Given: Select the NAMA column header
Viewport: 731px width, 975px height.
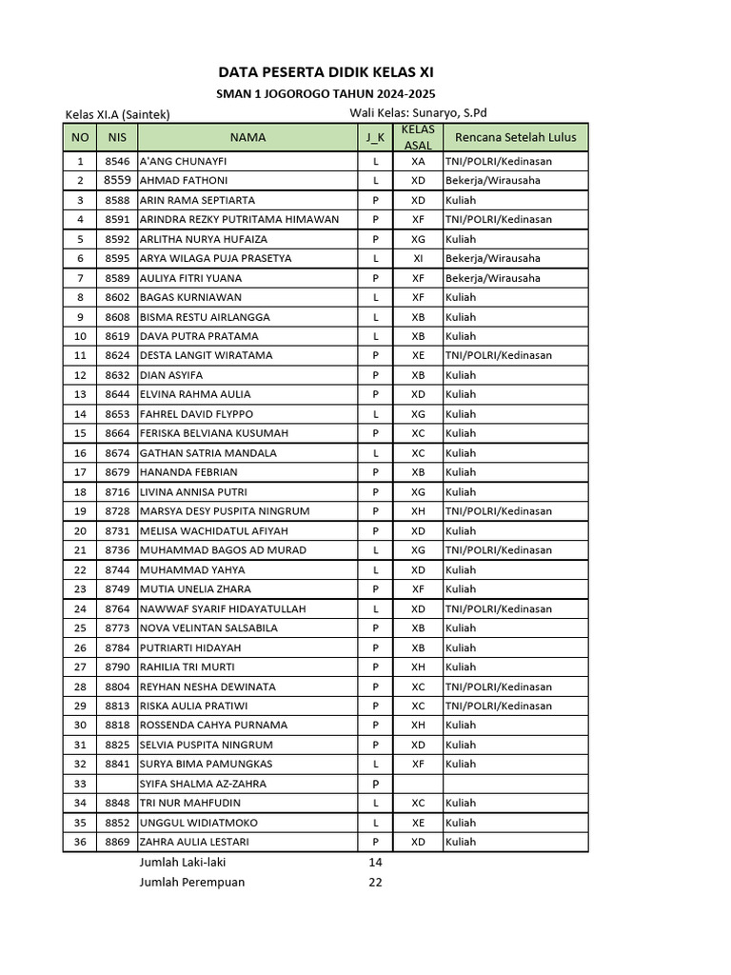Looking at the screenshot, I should click(x=247, y=137).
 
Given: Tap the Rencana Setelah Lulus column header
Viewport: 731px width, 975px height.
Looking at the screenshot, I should click(x=515, y=137).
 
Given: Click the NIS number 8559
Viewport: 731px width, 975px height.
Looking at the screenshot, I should click(x=117, y=180).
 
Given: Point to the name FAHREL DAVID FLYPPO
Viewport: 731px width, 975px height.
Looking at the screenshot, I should click(x=196, y=414).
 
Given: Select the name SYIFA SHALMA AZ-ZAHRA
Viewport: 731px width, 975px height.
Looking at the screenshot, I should click(x=203, y=784).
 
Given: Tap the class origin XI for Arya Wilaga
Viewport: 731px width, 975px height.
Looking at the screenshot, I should click(x=418, y=258).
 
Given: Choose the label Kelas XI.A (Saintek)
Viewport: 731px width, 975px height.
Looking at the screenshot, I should click(x=117, y=114).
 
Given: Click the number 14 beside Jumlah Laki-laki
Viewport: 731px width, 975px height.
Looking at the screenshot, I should click(x=375, y=862).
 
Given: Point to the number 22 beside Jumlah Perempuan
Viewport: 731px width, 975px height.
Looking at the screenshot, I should click(x=375, y=882).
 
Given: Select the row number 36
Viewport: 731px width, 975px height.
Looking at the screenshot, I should click(x=80, y=842).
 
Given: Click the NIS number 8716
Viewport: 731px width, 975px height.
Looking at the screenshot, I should click(x=117, y=491).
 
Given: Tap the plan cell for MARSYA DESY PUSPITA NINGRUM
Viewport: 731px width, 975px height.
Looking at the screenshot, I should click(x=498, y=511).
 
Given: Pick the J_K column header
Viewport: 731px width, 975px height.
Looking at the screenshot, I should click(x=375, y=137).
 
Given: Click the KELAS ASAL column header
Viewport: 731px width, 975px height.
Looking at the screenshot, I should click(x=418, y=137).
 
